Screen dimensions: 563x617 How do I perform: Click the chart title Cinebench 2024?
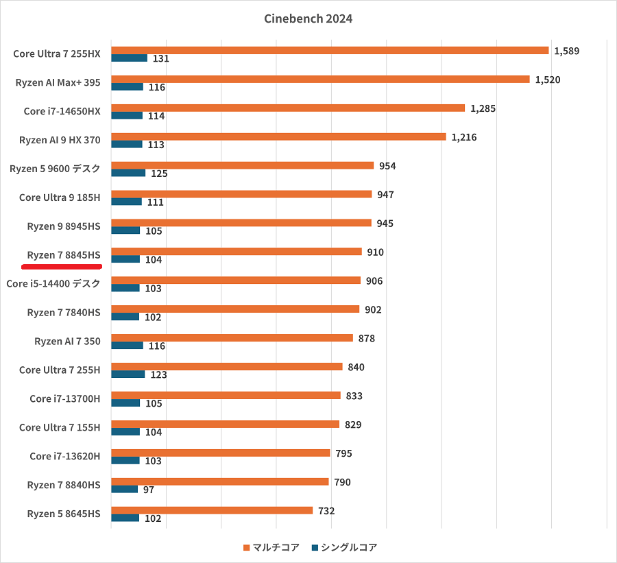coord(308,19)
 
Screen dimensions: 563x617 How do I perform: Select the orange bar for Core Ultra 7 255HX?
coord(330,50)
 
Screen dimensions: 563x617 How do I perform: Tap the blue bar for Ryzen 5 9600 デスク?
coord(128,173)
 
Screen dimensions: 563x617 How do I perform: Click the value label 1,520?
coord(547,80)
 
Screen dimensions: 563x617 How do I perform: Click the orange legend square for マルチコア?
coord(246,547)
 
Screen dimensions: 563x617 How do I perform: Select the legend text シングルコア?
coord(349,547)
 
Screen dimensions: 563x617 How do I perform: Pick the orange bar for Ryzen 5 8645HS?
coord(212,510)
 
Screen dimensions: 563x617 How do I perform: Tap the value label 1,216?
coord(463,137)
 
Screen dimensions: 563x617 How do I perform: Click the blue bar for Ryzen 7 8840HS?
coord(124,489)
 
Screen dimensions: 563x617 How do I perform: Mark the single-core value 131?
coord(161,58)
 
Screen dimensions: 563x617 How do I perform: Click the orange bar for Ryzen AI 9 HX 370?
coord(278,136)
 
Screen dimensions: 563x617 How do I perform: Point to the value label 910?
coord(375,252)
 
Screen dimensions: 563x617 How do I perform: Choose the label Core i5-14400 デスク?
coord(53,283)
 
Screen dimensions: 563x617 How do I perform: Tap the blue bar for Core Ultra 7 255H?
coord(128,374)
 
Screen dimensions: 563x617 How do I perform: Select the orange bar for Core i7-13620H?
coord(220,453)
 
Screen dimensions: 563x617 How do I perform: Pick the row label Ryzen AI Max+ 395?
coord(58,82)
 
